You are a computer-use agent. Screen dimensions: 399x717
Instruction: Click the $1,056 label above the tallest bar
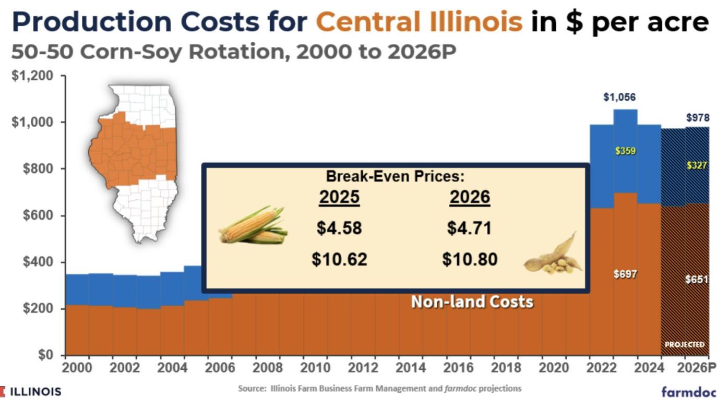[x=619, y=97]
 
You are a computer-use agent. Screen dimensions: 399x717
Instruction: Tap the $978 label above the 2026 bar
[x=697, y=118]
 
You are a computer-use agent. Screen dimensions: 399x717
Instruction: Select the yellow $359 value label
[x=625, y=151]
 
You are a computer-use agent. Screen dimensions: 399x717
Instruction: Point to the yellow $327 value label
[x=697, y=165]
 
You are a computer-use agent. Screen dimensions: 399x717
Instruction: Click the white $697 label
[x=625, y=274]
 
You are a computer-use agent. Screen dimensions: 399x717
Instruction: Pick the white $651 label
[x=697, y=280]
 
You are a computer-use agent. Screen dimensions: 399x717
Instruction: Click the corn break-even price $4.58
[x=339, y=228]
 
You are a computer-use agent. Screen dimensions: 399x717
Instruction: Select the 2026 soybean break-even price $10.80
[x=470, y=259]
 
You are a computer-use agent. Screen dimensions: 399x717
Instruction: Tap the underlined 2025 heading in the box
[x=339, y=197]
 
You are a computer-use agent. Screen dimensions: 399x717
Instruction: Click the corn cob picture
[x=253, y=225]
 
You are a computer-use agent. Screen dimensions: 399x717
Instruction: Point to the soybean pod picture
[x=554, y=256]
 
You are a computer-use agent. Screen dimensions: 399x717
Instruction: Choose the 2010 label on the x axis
[x=315, y=368]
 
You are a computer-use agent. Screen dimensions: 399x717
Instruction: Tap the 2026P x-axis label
[x=696, y=368]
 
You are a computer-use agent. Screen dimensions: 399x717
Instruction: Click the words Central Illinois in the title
[x=419, y=22]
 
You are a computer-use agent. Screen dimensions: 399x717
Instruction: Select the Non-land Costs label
[x=472, y=301]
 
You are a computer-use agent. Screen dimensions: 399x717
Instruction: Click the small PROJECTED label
[x=685, y=345]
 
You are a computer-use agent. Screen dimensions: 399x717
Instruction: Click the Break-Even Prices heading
[x=395, y=176]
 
